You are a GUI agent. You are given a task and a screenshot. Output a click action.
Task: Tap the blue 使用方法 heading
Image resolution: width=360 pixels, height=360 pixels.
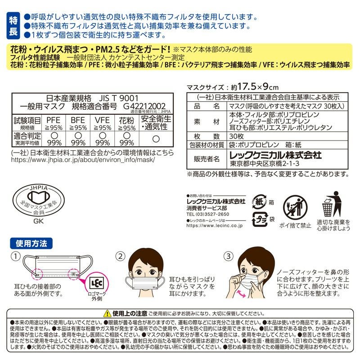point(31,243)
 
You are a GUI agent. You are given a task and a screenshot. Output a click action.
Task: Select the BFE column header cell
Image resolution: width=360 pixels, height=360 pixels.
point(78,121)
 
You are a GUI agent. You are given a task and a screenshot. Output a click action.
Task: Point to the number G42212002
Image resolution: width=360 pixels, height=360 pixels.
point(144,106)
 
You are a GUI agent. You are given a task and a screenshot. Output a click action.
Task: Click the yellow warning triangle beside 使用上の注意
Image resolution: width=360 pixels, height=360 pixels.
point(107,313)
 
